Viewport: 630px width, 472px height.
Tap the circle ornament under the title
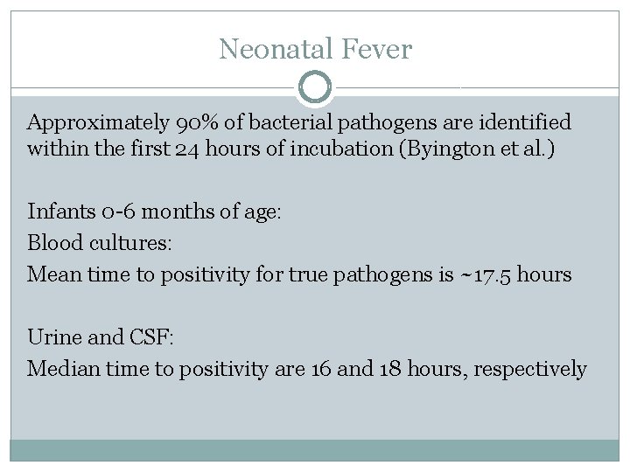click(x=315, y=87)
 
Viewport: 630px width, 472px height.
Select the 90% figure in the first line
click(x=180, y=121)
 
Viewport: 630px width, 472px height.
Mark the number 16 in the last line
click(x=321, y=369)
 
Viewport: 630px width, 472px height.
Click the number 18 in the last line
click(x=390, y=369)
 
